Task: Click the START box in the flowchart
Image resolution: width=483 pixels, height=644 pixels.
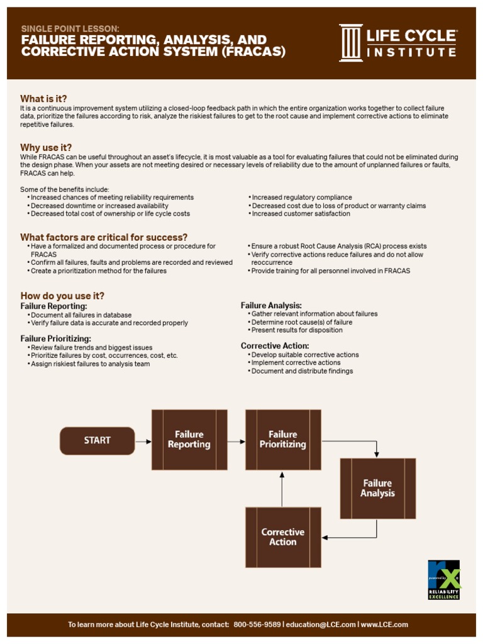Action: click(97, 441)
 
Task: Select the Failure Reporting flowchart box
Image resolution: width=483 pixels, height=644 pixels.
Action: click(189, 440)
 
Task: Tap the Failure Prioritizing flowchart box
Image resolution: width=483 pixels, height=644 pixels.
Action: click(283, 440)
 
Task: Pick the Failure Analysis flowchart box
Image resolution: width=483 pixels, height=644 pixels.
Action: click(377, 489)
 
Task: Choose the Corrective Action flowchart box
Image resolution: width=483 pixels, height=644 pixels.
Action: click(283, 537)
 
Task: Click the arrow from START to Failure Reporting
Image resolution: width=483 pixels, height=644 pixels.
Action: click(143, 441)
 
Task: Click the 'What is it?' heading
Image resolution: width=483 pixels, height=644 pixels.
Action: click(43, 99)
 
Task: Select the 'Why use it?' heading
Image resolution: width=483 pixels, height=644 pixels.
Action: click(46, 148)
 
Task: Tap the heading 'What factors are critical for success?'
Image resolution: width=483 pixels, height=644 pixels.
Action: click(104, 237)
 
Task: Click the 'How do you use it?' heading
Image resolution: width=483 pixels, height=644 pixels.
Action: click(62, 296)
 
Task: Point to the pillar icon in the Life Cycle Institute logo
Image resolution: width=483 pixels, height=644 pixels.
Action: click(351, 43)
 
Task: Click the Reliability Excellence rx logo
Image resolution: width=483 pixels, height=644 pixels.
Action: click(443, 579)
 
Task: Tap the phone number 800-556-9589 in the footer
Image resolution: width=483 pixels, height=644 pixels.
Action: click(257, 625)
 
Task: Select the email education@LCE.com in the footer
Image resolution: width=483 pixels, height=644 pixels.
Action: click(321, 625)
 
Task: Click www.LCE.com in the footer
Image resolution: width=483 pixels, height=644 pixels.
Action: click(384, 625)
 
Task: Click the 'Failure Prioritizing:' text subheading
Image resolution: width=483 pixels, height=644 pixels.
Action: click(56, 338)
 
